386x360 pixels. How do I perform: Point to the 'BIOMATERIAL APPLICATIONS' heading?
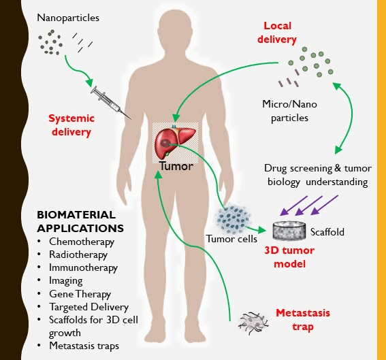80,223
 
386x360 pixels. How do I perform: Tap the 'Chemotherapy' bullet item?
82,242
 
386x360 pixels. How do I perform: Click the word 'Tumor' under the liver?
176,165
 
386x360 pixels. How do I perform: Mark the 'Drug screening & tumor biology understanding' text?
316,176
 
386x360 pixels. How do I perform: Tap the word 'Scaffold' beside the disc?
327,232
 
